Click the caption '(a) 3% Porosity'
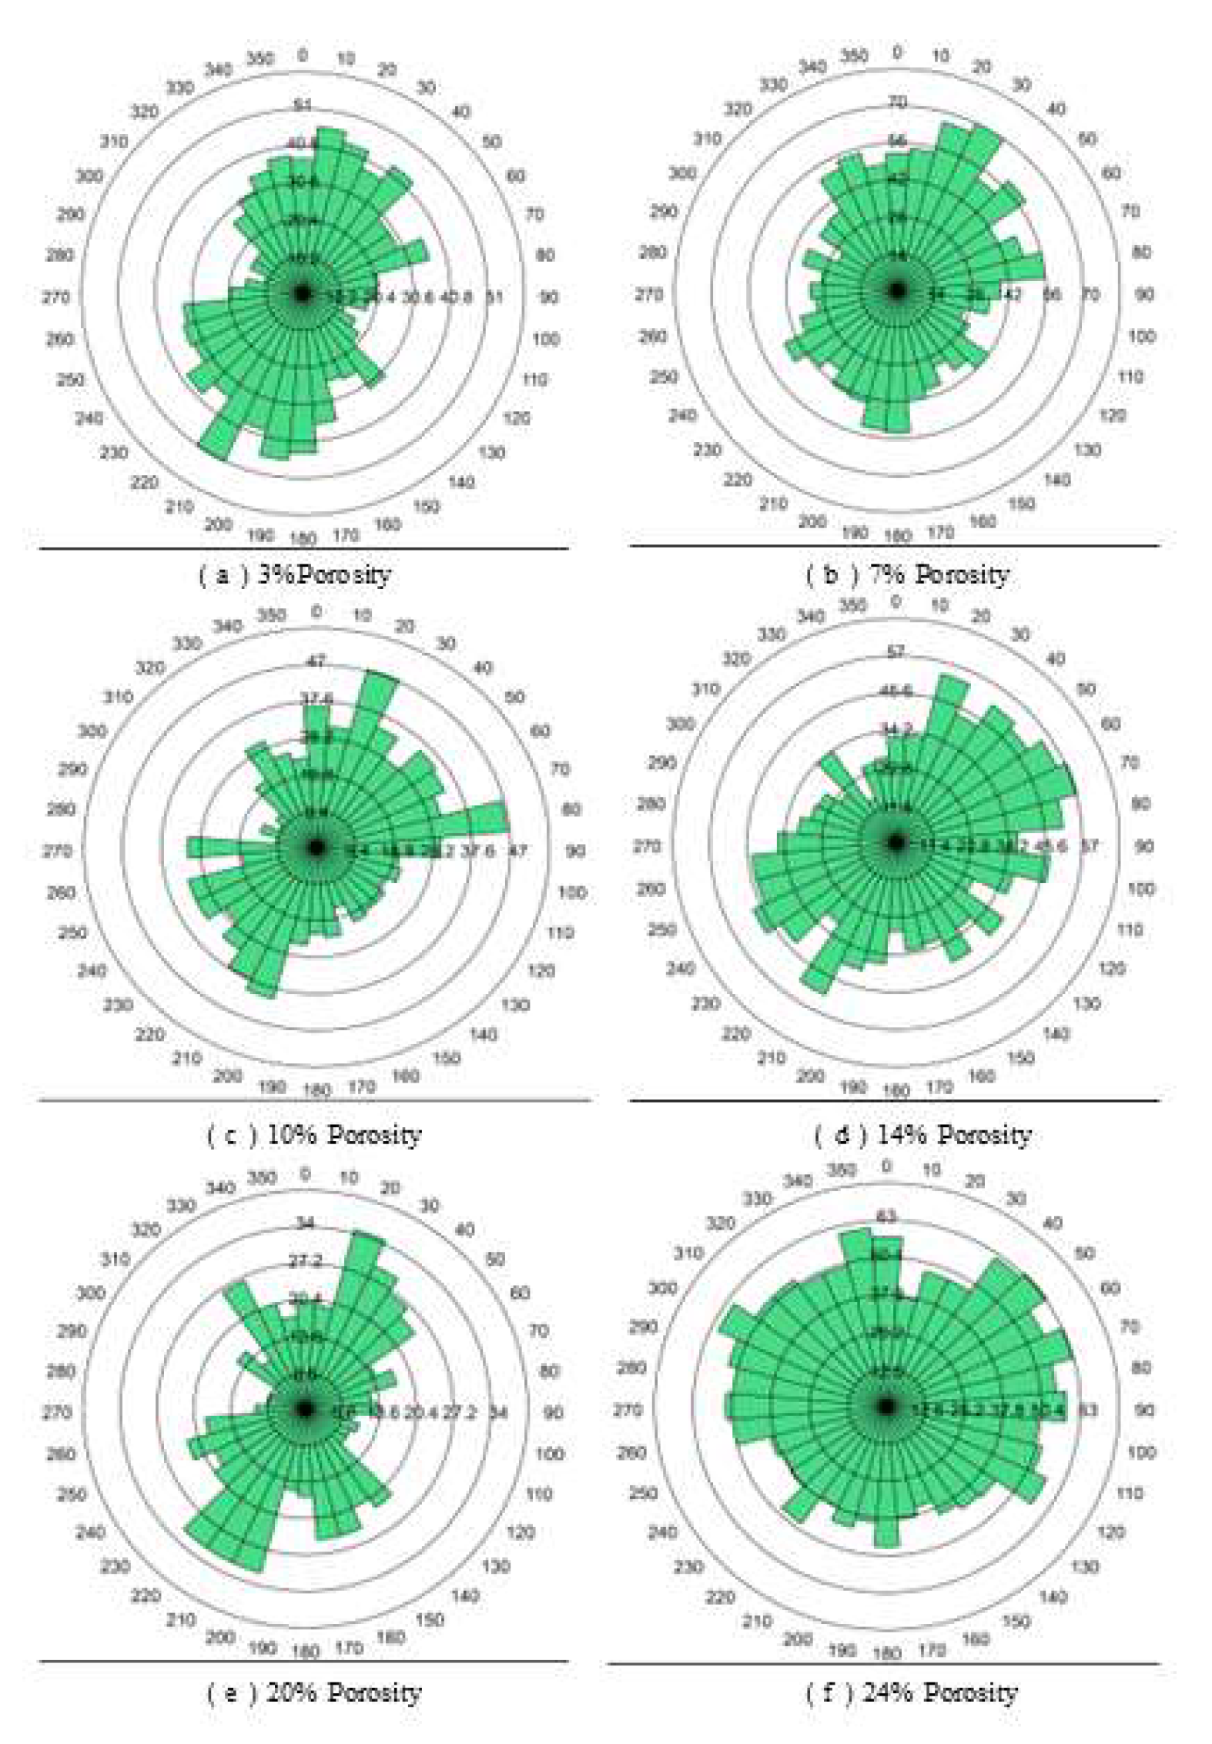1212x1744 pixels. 295,575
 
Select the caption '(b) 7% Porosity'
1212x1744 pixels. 907,574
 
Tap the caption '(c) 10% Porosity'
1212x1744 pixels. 314,1135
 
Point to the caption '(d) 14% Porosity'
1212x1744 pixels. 922,1134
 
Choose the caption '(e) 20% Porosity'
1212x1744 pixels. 314,1692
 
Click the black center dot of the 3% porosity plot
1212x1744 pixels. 302,293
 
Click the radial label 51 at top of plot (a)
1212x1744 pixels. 303,105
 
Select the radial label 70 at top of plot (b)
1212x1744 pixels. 897,102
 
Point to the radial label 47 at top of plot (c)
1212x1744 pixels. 316,661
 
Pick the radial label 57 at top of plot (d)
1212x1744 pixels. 896,652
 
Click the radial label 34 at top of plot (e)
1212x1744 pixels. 306,1223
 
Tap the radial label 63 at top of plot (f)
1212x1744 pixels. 886,1217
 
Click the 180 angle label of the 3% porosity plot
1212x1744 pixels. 303,538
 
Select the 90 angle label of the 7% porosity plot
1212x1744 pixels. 1144,294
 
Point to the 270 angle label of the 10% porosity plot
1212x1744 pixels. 57,851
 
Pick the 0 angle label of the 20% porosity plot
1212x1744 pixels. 306,1174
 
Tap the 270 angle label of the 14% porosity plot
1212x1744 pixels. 647,846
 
